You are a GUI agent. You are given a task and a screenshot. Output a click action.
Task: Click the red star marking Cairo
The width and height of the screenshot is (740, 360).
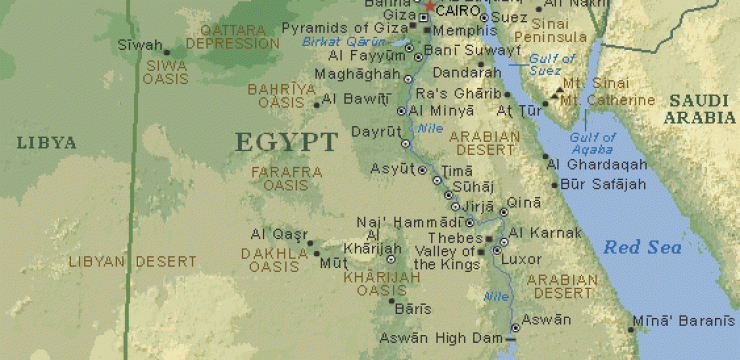[x=430, y=6]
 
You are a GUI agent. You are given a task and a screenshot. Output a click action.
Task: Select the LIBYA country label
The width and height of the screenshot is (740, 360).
[x=46, y=143]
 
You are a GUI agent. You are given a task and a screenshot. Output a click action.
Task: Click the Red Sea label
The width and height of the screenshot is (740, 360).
[x=642, y=247]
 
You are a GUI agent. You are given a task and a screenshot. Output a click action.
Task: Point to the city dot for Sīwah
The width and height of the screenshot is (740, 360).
[x=166, y=51]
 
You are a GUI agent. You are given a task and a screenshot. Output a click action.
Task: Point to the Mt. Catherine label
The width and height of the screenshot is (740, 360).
[x=607, y=101]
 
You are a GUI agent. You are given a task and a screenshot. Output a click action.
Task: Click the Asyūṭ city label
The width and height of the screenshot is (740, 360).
[x=390, y=170]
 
